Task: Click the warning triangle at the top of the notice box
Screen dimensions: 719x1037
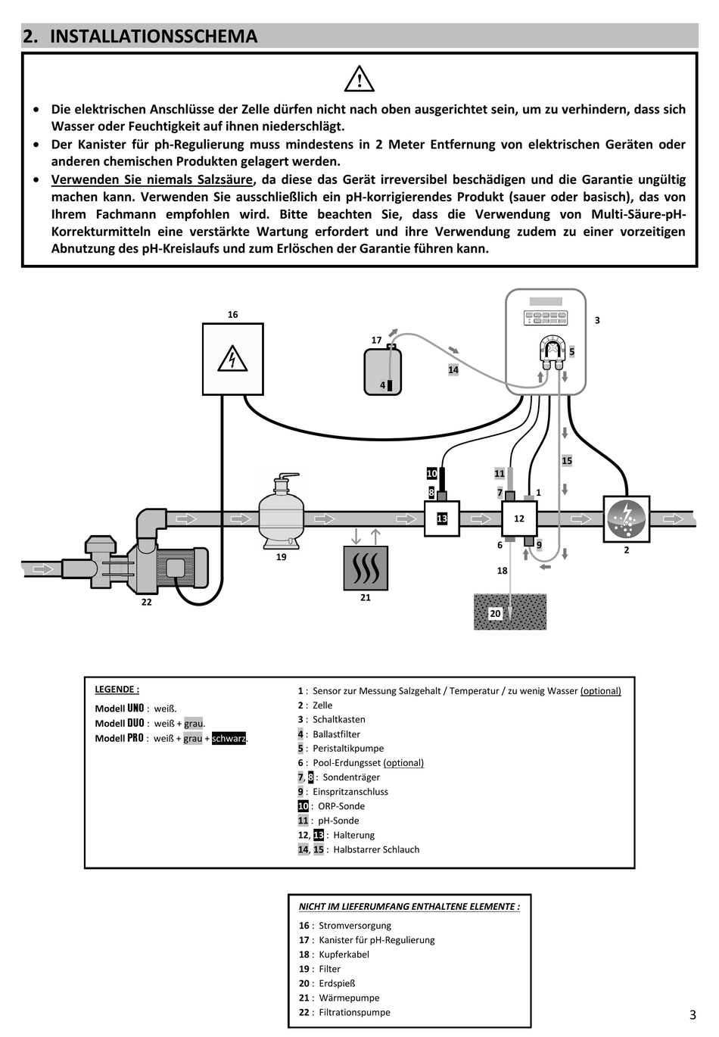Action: (359, 79)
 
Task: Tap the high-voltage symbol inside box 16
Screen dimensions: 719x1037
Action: (232, 359)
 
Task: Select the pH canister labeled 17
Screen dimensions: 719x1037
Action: (382, 370)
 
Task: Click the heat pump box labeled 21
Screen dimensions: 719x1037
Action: (366, 568)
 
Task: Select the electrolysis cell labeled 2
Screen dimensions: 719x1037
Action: (627, 519)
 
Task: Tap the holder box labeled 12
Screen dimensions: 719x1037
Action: (519, 518)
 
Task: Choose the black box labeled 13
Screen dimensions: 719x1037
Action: (442, 518)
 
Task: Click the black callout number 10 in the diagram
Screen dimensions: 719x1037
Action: (431, 474)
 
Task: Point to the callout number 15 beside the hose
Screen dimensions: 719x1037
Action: (567, 461)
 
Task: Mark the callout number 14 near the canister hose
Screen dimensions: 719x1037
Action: (453, 370)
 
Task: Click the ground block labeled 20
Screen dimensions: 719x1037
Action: (510, 612)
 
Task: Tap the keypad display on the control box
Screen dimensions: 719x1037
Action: (546, 318)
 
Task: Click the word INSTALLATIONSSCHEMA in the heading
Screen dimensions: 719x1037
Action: (154, 36)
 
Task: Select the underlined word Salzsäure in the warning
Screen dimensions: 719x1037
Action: (225, 179)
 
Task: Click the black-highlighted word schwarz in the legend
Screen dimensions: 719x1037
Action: (229, 739)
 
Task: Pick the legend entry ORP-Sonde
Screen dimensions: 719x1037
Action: (341, 806)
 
